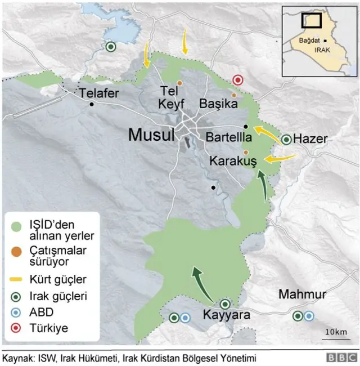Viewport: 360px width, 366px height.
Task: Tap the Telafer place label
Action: click(99, 93)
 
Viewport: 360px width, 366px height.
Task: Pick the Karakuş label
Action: click(233, 161)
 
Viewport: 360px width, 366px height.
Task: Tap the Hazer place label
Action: click(311, 139)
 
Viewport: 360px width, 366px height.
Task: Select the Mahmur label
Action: click(303, 294)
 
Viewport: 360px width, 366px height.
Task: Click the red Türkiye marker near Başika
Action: click(238, 80)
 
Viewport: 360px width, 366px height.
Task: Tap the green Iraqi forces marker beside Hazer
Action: click(287, 139)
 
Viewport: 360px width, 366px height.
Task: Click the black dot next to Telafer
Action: click(91, 104)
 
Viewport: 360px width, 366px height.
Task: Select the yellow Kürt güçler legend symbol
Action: click(18, 279)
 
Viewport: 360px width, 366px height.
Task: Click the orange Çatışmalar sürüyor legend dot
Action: click(17, 251)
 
